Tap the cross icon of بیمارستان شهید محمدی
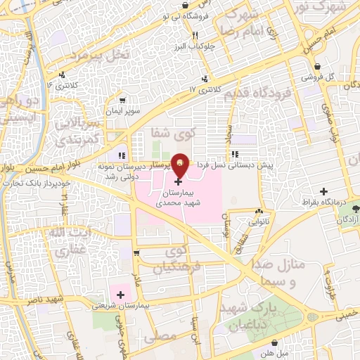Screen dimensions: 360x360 coord(176,181)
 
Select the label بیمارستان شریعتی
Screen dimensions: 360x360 coord(150,306)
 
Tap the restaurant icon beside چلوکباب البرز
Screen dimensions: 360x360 coord(195,35)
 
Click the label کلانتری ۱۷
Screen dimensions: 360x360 coord(205,90)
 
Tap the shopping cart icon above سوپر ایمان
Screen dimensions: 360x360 coord(123,101)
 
